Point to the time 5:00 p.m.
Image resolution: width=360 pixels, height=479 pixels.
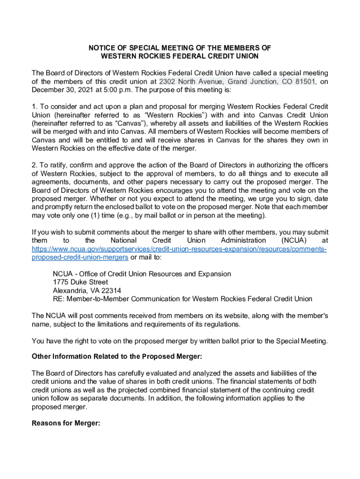click(125, 90)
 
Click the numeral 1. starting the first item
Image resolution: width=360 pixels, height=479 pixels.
click(34, 107)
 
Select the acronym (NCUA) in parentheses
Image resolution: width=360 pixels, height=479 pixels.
click(297, 241)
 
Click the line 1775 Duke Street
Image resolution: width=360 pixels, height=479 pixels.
click(80, 282)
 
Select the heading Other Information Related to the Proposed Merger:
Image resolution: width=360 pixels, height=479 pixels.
click(117, 356)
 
